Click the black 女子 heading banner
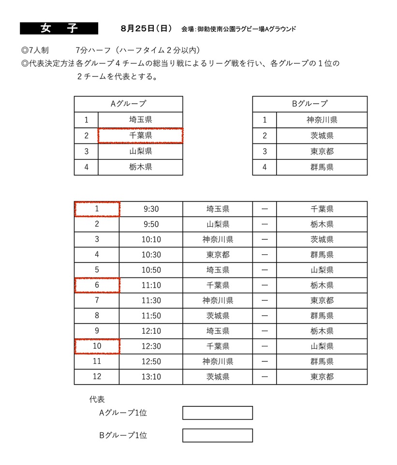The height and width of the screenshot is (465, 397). pyautogui.click(x=59, y=29)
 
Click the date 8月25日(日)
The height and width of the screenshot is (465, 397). pyautogui.click(x=146, y=29)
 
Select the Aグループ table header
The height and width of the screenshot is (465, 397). pyautogui.click(x=128, y=104)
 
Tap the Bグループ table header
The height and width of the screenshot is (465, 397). pyautogui.click(x=309, y=104)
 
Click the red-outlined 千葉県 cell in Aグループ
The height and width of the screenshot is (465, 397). pyautogui.click(x=140, y=136)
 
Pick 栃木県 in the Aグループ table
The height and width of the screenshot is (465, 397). pyautogui.click(x=140, y=167)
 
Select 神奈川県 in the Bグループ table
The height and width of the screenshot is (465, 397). pyautogui.click(x=322, y=120)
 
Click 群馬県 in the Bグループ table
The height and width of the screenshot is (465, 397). pyautogui.click(x=322, y=167)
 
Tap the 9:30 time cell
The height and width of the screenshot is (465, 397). pyautogui.click(x=151, y=209)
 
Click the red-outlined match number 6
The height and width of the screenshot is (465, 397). pyautogui.click(x=97, y=285)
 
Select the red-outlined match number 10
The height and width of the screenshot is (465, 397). pyautogui.click(x=97, y=346)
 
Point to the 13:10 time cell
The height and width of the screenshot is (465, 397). pyautogui.click(x=151, y=377)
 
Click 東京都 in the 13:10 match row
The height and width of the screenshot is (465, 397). pyautogui.click(x=322, y=377)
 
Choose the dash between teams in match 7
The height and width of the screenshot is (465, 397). pyautogui.click(x=265, y=300)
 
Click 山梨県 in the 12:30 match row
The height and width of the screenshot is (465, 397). pyautogui.click(x=322, y=346)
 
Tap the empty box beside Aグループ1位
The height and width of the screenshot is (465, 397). pyautogui.click(x=218, y=413)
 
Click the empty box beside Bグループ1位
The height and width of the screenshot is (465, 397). pyautogui.click(x=218, y=435)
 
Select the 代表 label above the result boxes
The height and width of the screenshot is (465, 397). pyautogui.click(x=97, y=400)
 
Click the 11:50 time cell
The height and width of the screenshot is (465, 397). pyautogui.click(x=151, y=316)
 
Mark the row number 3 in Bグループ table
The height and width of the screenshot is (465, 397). pyautogui.click(x=265, y=151)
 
